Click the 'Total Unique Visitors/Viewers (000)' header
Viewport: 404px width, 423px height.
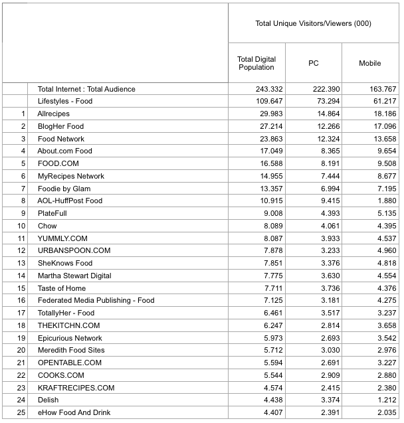pyautogui.click(x=313, y=24)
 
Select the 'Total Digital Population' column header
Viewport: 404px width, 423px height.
pyautogui.click(x=256, y=63)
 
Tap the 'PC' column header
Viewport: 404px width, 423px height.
pyautogui.click(x=314, y=63)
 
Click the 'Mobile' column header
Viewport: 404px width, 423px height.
pyautogui.click(x=370, y=63)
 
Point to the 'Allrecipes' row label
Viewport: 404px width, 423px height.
pyautogui.click(x=54, y=114)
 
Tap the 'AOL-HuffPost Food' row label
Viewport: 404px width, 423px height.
pyautogui.click(x=70, y=201)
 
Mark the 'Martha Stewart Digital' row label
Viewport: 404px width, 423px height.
pyautogui.click(x=74, y=276)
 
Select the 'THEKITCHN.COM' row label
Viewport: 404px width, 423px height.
pyautogui.click(x=68, y=325)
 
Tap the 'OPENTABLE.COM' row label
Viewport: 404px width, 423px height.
pyautogui.click(x=70, y=363)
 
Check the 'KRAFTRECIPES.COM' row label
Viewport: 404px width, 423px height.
pyautogui.click(x=76, y=388)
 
